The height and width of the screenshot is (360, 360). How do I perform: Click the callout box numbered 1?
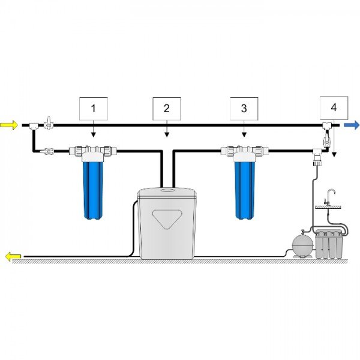click(93, 109)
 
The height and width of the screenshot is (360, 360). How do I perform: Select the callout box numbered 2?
click(167, 109)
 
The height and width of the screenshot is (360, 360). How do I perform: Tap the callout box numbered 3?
click(244, 109)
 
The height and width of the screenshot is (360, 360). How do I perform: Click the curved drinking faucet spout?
click(331, 193)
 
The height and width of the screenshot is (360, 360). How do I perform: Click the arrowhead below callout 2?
click(167, 135)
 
